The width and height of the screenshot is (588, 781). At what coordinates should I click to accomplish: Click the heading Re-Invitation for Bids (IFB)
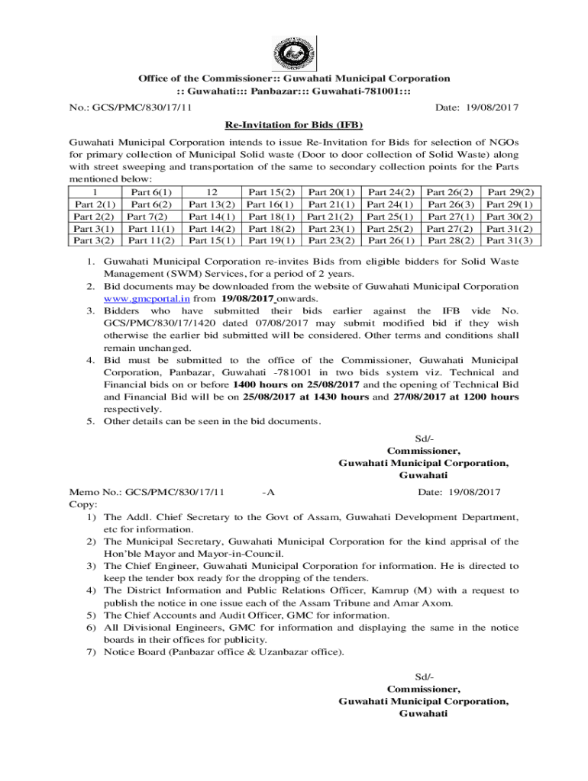[x=294, y=124]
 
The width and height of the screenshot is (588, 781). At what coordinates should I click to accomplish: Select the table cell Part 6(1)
[x=151, y=192]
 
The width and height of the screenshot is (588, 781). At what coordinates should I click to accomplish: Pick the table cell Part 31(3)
[x=510, y=241]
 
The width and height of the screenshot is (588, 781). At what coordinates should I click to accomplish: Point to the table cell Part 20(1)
[x=332, y=192]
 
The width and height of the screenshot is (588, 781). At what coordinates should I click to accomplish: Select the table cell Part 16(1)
[x=272, y=204]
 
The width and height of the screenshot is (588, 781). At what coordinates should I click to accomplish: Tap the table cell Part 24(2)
[x=392, y=192]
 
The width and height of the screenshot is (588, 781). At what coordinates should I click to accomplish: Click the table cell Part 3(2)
[x=94, y=241]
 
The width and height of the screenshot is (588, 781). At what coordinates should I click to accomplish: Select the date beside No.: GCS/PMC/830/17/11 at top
[x=477, y=108]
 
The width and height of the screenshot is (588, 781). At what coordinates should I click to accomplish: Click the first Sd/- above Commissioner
[x=424, y=438]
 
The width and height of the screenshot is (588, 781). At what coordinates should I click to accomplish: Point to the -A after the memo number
[x=267, y=492]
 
